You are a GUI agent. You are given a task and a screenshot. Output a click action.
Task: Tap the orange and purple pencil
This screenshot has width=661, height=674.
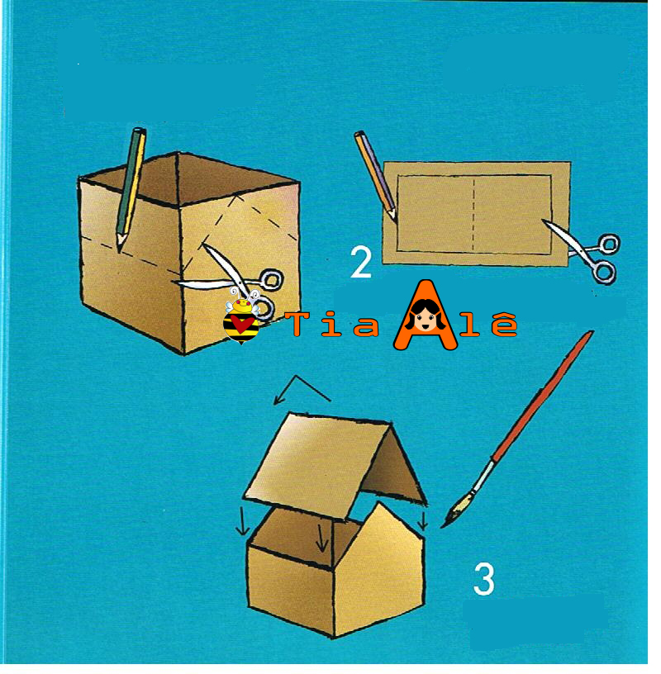pos(375,175)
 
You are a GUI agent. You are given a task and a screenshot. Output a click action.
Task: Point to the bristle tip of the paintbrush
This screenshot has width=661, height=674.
pos(443,526)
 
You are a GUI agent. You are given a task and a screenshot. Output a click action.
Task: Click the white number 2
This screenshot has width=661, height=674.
pos(361,262)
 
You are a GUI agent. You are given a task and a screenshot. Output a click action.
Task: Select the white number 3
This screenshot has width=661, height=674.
pos(484,579)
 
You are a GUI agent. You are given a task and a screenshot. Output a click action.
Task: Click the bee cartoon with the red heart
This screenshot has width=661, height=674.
pos(242,319)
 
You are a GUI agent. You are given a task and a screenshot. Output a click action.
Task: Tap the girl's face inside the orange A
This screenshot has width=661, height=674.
pos(426,317)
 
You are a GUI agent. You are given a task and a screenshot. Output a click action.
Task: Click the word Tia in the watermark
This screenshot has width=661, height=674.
pos(334,324)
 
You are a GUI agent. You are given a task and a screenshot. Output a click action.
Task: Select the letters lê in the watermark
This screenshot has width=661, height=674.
pos(489,323)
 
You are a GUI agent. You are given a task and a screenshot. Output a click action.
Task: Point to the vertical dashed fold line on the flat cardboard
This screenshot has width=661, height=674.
pos(473,214)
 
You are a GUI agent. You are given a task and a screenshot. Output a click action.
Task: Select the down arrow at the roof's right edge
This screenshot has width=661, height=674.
pos(423,520)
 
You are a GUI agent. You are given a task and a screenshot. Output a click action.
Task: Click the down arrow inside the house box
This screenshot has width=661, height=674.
pos(321,537)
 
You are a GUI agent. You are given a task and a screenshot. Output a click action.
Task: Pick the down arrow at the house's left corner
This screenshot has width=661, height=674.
pos(243,521)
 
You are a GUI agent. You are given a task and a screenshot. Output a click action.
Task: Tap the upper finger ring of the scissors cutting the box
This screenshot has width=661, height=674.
pos(271,280)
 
